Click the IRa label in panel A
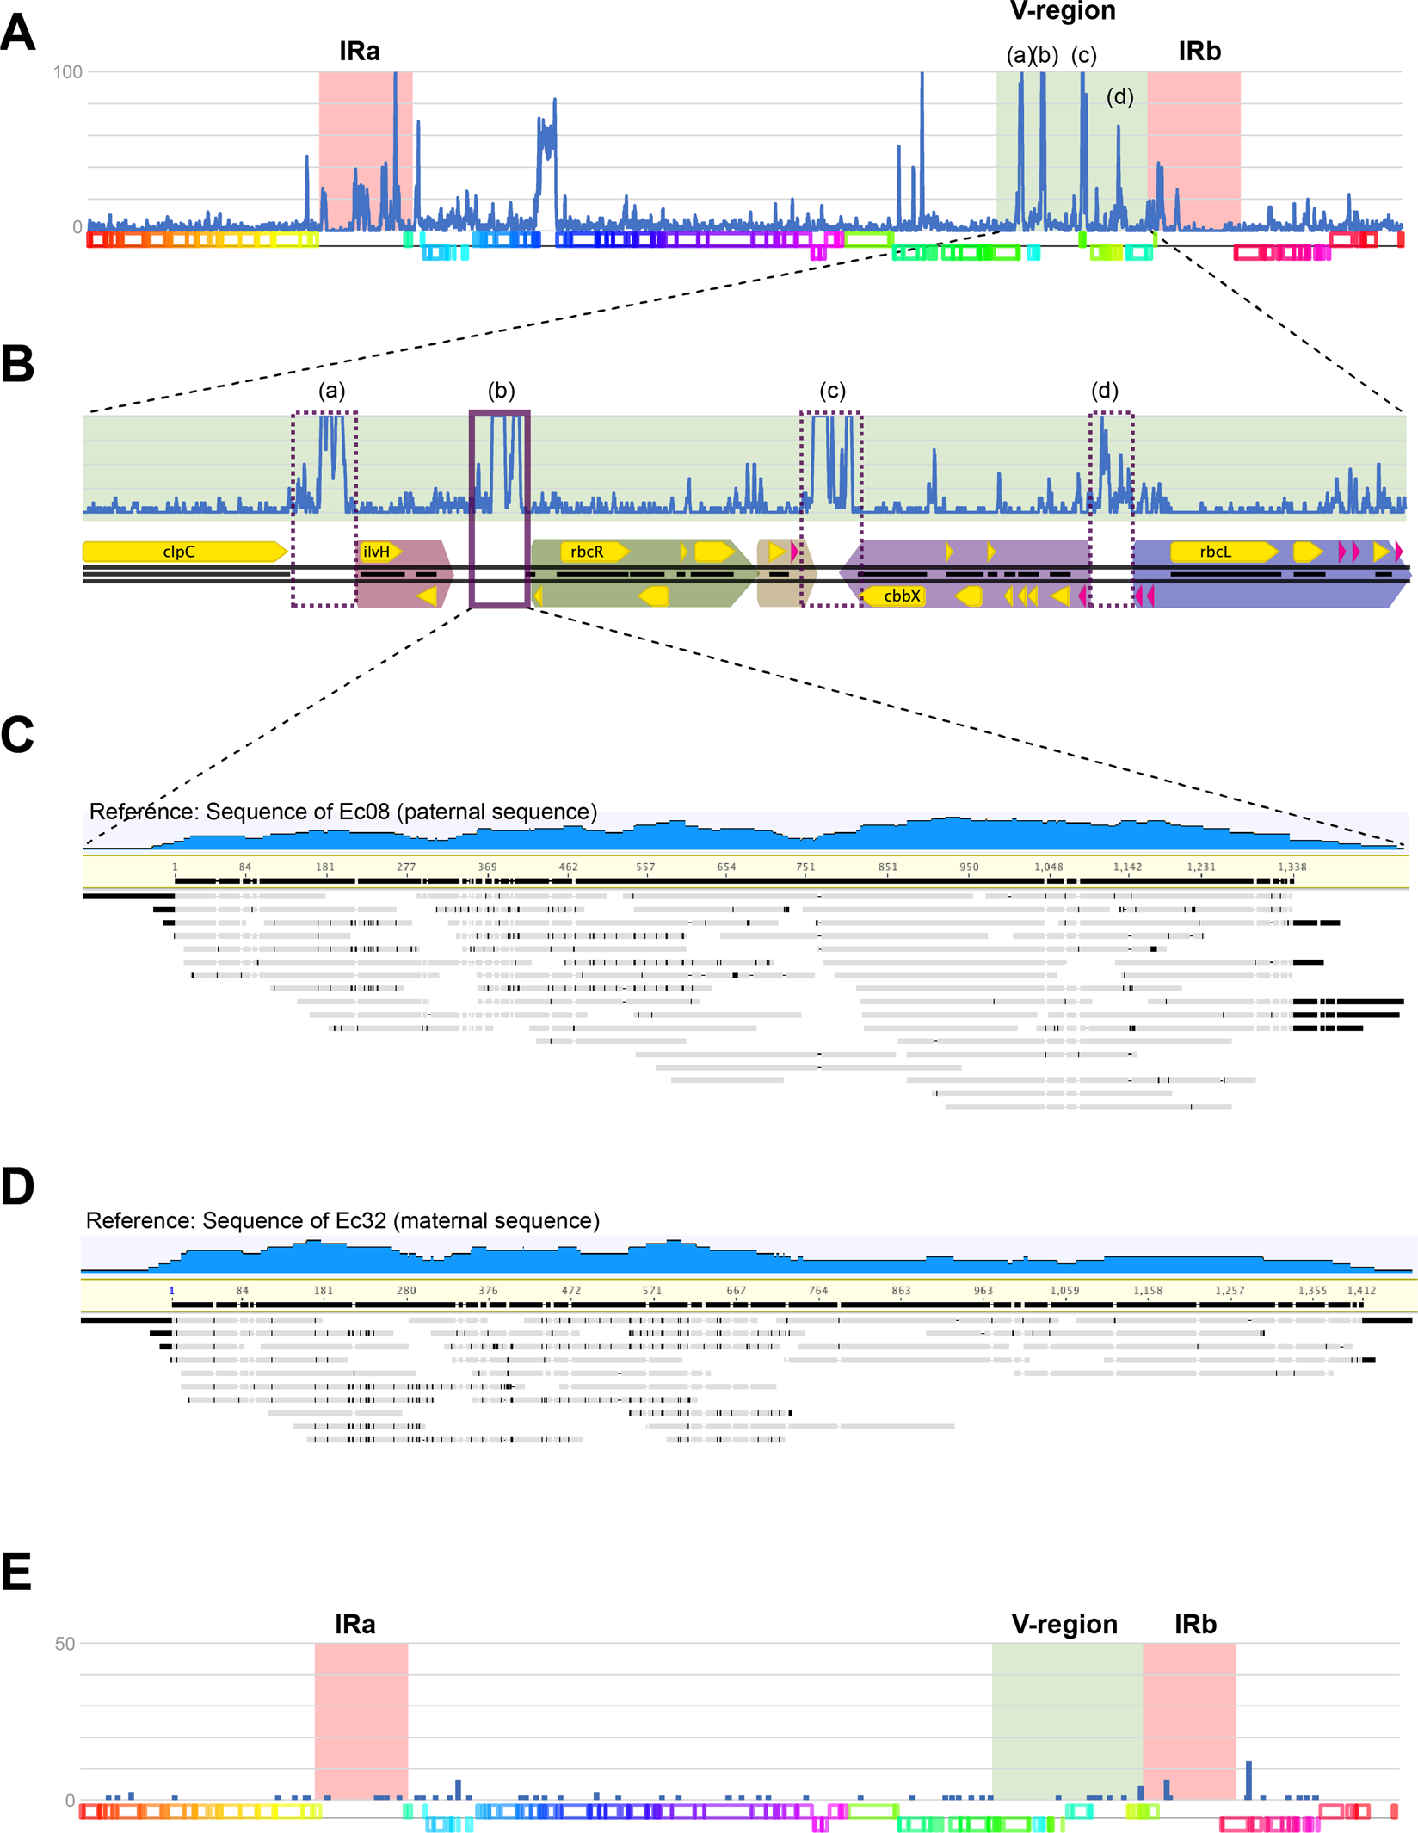click(x=359, y=52)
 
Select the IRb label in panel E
click(x=1195, y=1624)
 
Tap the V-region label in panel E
click(x=1064, y=1624)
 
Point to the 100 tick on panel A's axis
click(x=67, y=72)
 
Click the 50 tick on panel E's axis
click(x=65, y=1644)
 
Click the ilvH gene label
click(x=377, y=552)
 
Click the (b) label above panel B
click(x=501, y=391)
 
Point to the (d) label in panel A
click(x=1119, y=97)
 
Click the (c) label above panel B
click(x=832, y=391)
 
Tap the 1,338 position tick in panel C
click(x=1292, y=867)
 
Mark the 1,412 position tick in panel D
click(x=1361, y=1290)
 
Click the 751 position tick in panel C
click(x=805, y=867)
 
